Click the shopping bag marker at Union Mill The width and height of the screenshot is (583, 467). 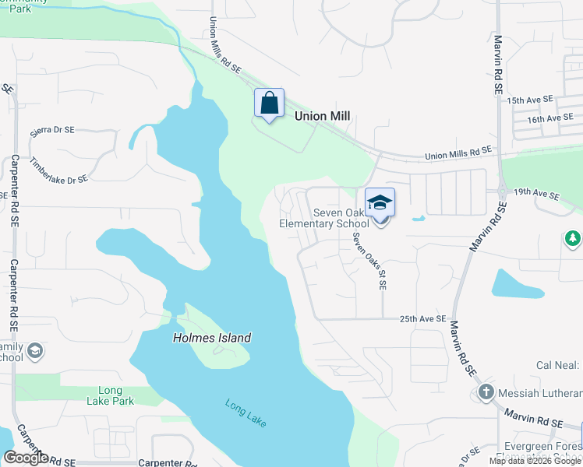point(269,104)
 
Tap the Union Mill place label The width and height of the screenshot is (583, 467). point(322,116)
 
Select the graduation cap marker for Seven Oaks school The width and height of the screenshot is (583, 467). point(380,203)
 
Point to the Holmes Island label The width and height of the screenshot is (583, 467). point(212,338)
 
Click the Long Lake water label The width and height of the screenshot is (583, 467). point(246,413)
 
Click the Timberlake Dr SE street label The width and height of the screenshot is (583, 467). point(58,169)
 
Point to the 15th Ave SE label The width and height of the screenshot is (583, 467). point(529,100)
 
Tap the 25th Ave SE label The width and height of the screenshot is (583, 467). point(422,319)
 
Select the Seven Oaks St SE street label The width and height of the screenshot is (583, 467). point(369,262)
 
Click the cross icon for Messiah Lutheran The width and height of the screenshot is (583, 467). point(486,392)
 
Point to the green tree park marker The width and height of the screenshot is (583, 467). point(573,238)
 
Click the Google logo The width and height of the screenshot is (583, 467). point(26,457)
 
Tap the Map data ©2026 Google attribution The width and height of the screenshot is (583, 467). point(535,461)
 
